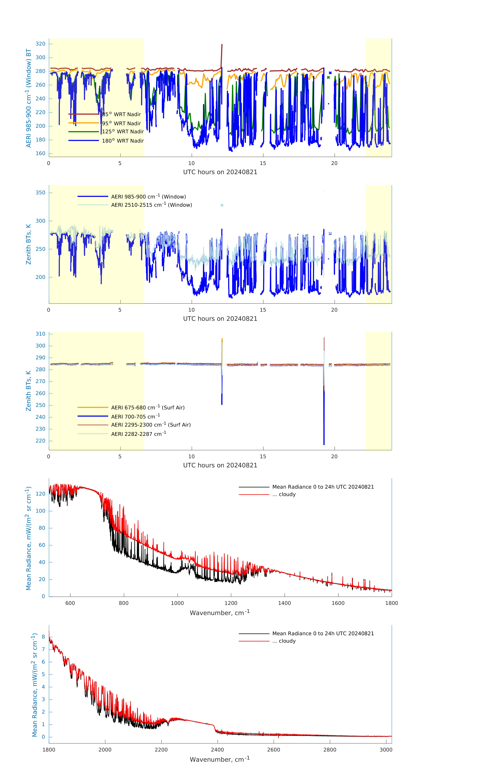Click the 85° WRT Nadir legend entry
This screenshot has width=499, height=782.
tap(121, 114)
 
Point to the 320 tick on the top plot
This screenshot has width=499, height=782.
tap(41, 44)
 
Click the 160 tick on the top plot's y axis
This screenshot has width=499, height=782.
tap(41, 153)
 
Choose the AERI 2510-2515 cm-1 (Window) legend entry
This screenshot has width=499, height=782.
tap(151, 205)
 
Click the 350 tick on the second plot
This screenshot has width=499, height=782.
tap(41, 193)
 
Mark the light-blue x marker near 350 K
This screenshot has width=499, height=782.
tap(222, 205)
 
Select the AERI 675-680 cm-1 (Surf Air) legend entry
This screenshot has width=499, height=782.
tap(148, 408)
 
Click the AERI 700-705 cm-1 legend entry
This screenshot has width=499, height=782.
tap(135, 417)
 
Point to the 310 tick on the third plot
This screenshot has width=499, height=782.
tap(41, 334)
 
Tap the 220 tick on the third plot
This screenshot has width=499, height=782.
tap(41, 441)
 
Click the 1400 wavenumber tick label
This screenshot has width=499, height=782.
tap(284, 603)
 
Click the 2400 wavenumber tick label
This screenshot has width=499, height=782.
tap(217, 750)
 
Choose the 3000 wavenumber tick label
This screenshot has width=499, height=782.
tap(386, 750)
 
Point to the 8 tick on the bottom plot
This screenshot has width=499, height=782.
tap(43, 637)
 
